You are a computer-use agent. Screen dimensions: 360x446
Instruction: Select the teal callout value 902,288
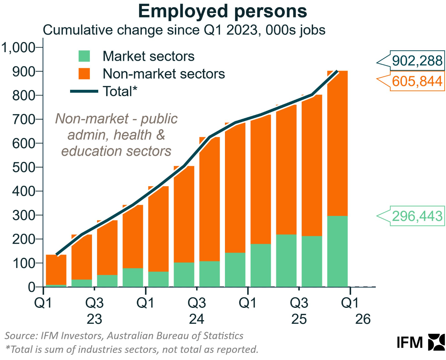417,61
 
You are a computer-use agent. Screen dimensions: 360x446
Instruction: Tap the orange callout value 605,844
417,81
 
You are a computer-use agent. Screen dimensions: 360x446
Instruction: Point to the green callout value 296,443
417,216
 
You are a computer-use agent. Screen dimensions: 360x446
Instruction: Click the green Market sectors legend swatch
84,56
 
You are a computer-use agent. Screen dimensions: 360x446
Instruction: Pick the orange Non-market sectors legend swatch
84,74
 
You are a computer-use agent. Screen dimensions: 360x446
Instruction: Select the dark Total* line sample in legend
84,91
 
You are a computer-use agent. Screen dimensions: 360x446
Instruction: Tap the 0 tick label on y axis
31,287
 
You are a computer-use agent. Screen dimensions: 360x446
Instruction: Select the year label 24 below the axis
196,319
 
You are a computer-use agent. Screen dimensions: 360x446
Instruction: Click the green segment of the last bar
337,251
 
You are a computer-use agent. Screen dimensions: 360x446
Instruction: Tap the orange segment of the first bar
56,269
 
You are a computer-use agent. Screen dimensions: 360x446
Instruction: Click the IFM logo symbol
436,342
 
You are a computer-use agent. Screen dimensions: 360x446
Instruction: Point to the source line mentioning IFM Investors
124,336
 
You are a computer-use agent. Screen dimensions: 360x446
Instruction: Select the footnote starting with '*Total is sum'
132,349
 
